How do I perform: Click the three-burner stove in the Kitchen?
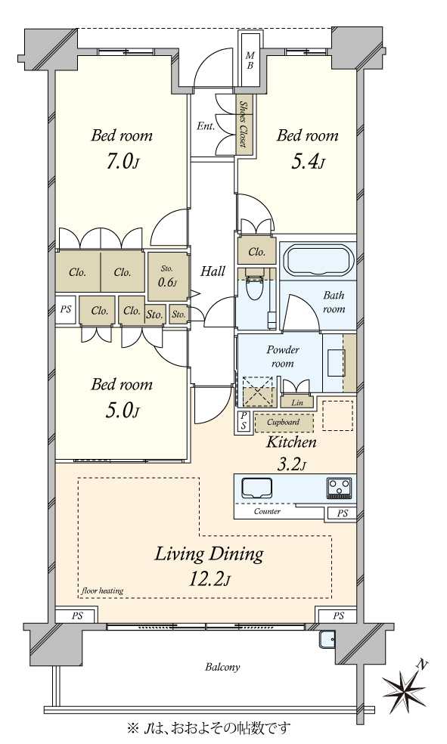339,488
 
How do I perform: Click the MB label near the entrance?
250,60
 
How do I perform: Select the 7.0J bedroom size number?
122,163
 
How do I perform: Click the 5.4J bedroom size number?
308,163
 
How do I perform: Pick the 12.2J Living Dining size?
210,579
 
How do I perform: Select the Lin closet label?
297,402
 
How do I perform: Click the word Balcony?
222,667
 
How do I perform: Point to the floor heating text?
102,591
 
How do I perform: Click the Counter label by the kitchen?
267,511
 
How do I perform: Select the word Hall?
213,271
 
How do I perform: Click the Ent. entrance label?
206,126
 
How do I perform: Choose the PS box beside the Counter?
342,513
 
